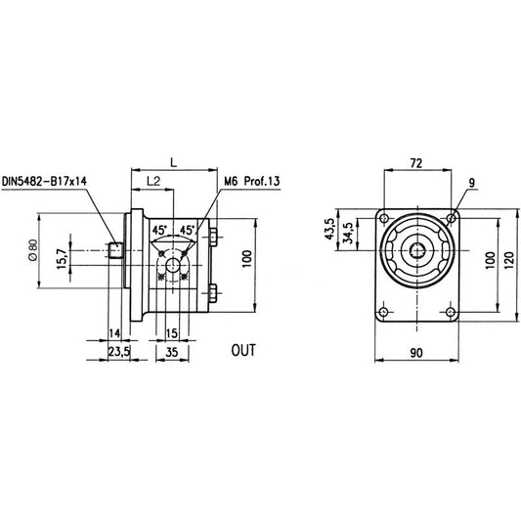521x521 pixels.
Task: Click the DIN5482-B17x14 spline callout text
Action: tap(44, 182)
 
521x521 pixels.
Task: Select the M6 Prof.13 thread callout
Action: tap(252, 182)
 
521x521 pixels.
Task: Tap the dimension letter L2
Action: tap(153, 181)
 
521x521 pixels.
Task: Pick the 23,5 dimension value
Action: tap(119, 352)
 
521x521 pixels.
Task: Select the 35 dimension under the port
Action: tap(171, 352)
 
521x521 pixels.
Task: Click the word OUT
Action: tap(243, 351)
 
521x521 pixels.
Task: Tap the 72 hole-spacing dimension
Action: tap(416, 163)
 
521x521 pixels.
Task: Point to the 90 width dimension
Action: tap(416, 353)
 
